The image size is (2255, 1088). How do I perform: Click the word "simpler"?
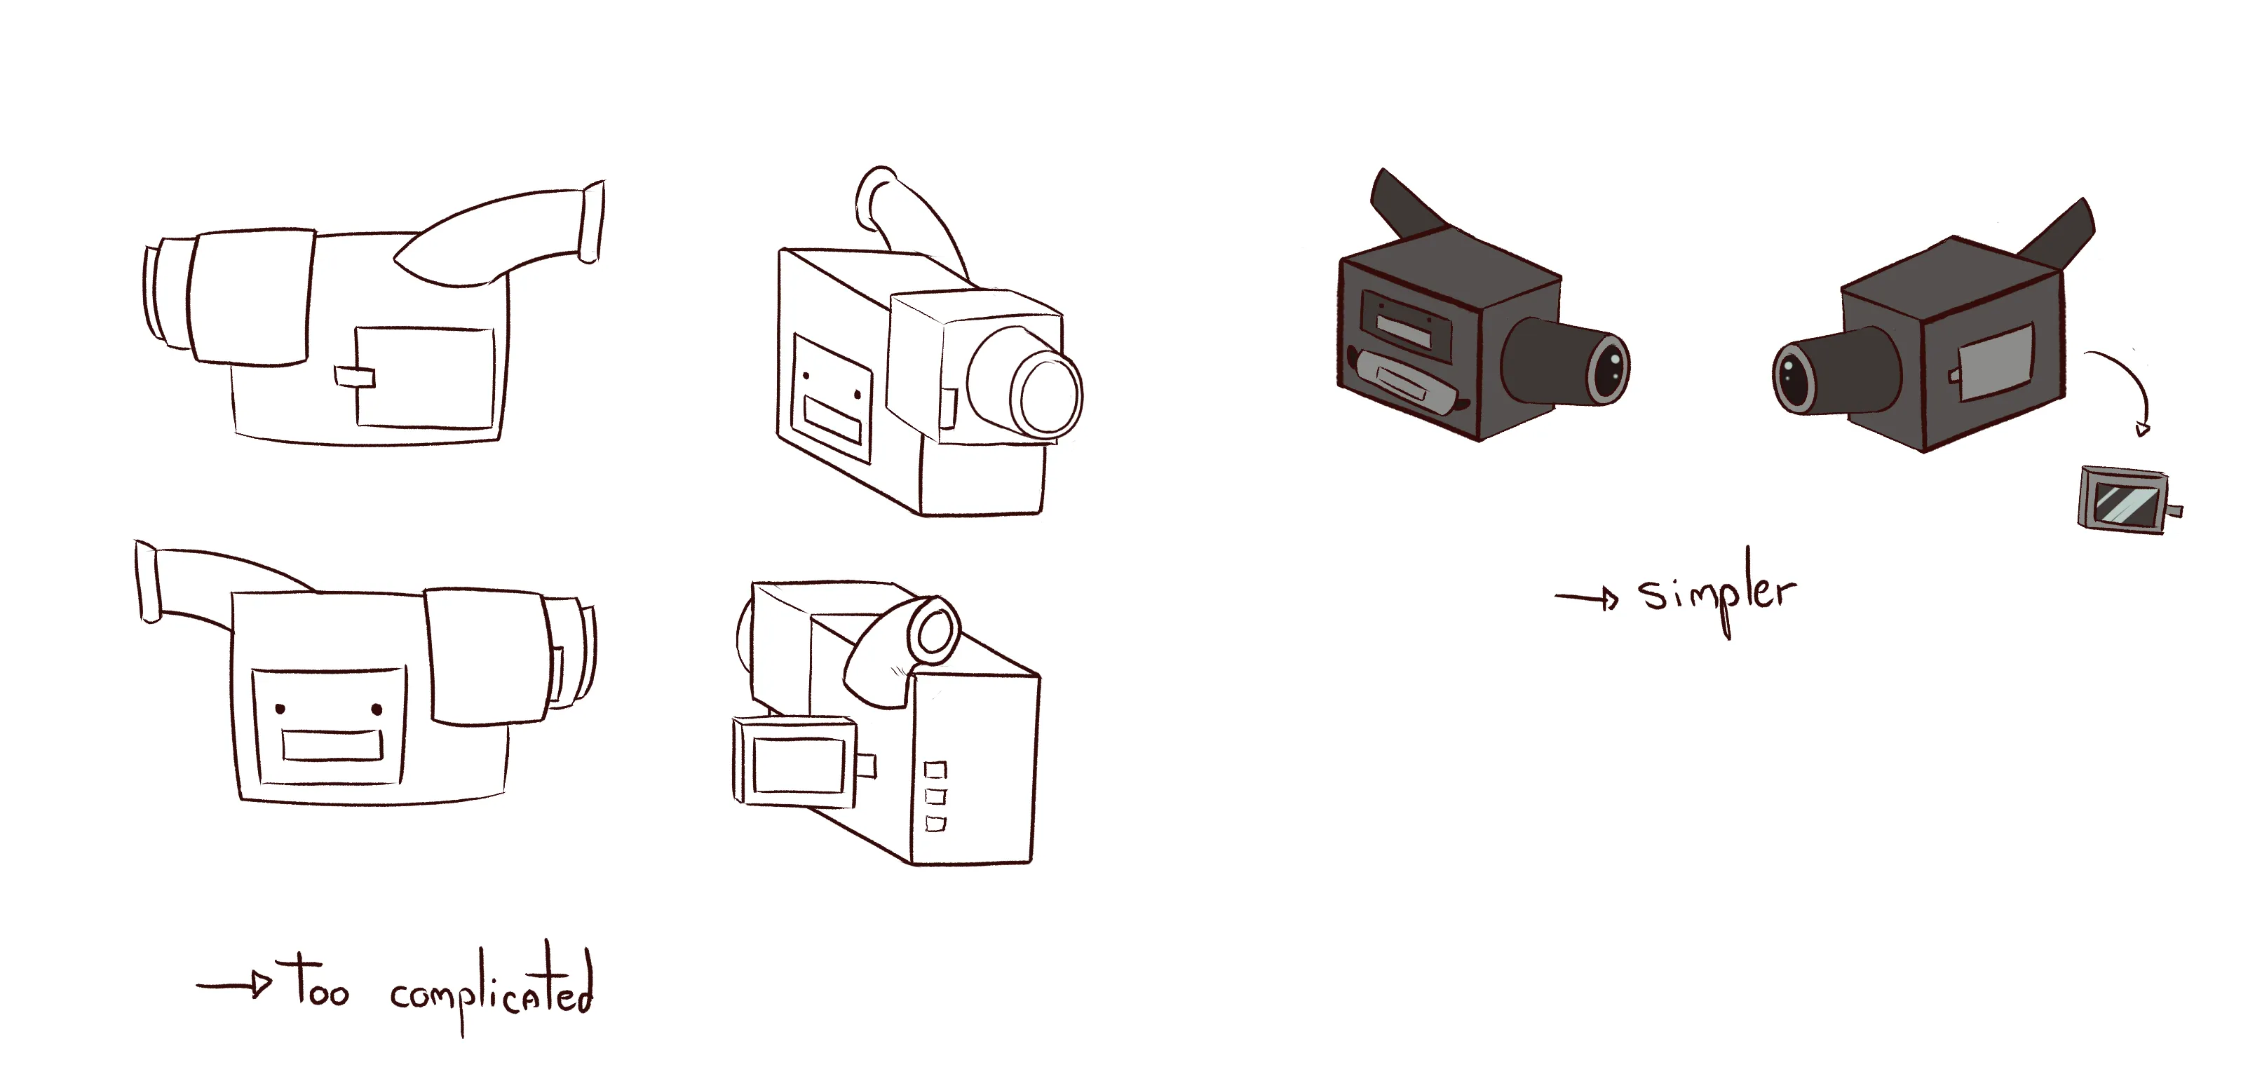point(1716,592)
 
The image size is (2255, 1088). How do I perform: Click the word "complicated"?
point(491,992)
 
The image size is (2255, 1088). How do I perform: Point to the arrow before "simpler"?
point(1586,599)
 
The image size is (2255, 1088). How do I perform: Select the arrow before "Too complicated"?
point(235,985)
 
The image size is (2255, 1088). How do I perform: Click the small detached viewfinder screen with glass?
point(2125,500)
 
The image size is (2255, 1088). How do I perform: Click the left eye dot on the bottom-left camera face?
point(280,707)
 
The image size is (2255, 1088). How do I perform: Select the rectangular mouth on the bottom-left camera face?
point(332,746)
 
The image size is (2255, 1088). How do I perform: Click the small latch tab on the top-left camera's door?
point(353,376)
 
